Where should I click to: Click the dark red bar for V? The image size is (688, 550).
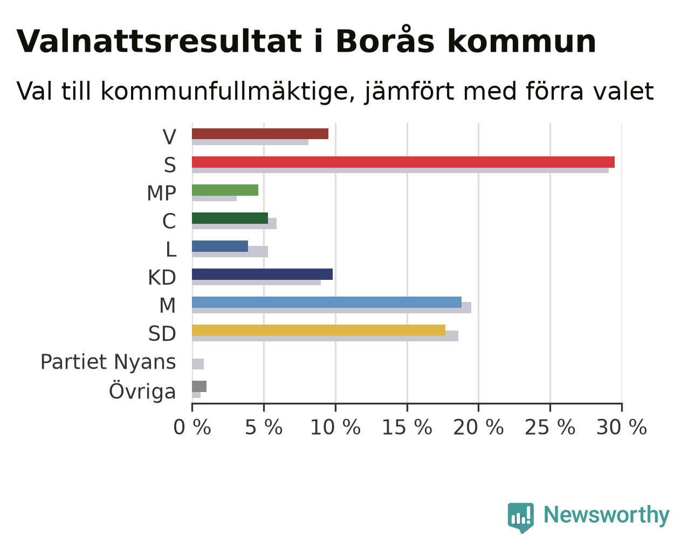pyautogui.click(x=260, y=134)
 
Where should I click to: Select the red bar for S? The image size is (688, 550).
pyautogui.click(x=403, y=162)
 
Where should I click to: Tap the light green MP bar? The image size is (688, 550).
pyautogui.click(x=225, y=190)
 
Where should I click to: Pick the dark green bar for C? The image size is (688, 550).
pyautogui.click(x=230, y=218)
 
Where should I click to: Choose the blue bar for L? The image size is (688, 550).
pyautogui.click(x=220, y=246)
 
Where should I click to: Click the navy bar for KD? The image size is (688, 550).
pyautogui.click(x=262, y=274)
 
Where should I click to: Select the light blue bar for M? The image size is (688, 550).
pyautogui.click(x=327, y=302)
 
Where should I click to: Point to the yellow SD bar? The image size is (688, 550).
pyautogui.click(x=319, y=331)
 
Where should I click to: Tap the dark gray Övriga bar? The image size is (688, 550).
pyautogui.click(x=199, y=386)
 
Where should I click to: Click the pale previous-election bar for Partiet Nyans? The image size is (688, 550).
pyautogui.click(x=198, y=364)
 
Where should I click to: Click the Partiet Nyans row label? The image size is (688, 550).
pyautogui.click(x=108, y=362)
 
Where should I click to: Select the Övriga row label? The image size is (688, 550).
pyautogui.click(x=142, y=390)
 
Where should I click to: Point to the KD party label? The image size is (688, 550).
pyautogui.click(x=162, y=278)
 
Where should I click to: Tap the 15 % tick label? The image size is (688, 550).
pyautogui.click(x=407, y=428)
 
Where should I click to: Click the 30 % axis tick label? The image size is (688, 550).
pyautogui.click(x=622, y=428)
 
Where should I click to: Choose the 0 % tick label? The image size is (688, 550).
pyautogui.click(x=192, y=428)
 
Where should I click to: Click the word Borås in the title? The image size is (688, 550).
pyautogui.click(x=385, y=40)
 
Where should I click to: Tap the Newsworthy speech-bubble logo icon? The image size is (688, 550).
pyautogui.click(x=521, y=518)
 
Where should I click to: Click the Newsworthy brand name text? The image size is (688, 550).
pyautogui.click(x=607, y=515)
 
